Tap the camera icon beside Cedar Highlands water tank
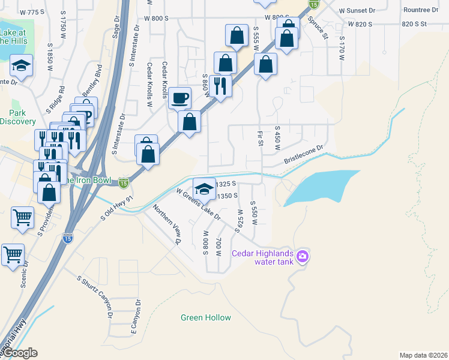click(303, 257)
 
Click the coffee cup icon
click(179, 97)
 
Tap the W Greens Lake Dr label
click(198, 204)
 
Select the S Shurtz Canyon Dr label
click(95, 296)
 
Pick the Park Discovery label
click(18, 117)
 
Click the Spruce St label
click(318, 28)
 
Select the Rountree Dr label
click(421, 10)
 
